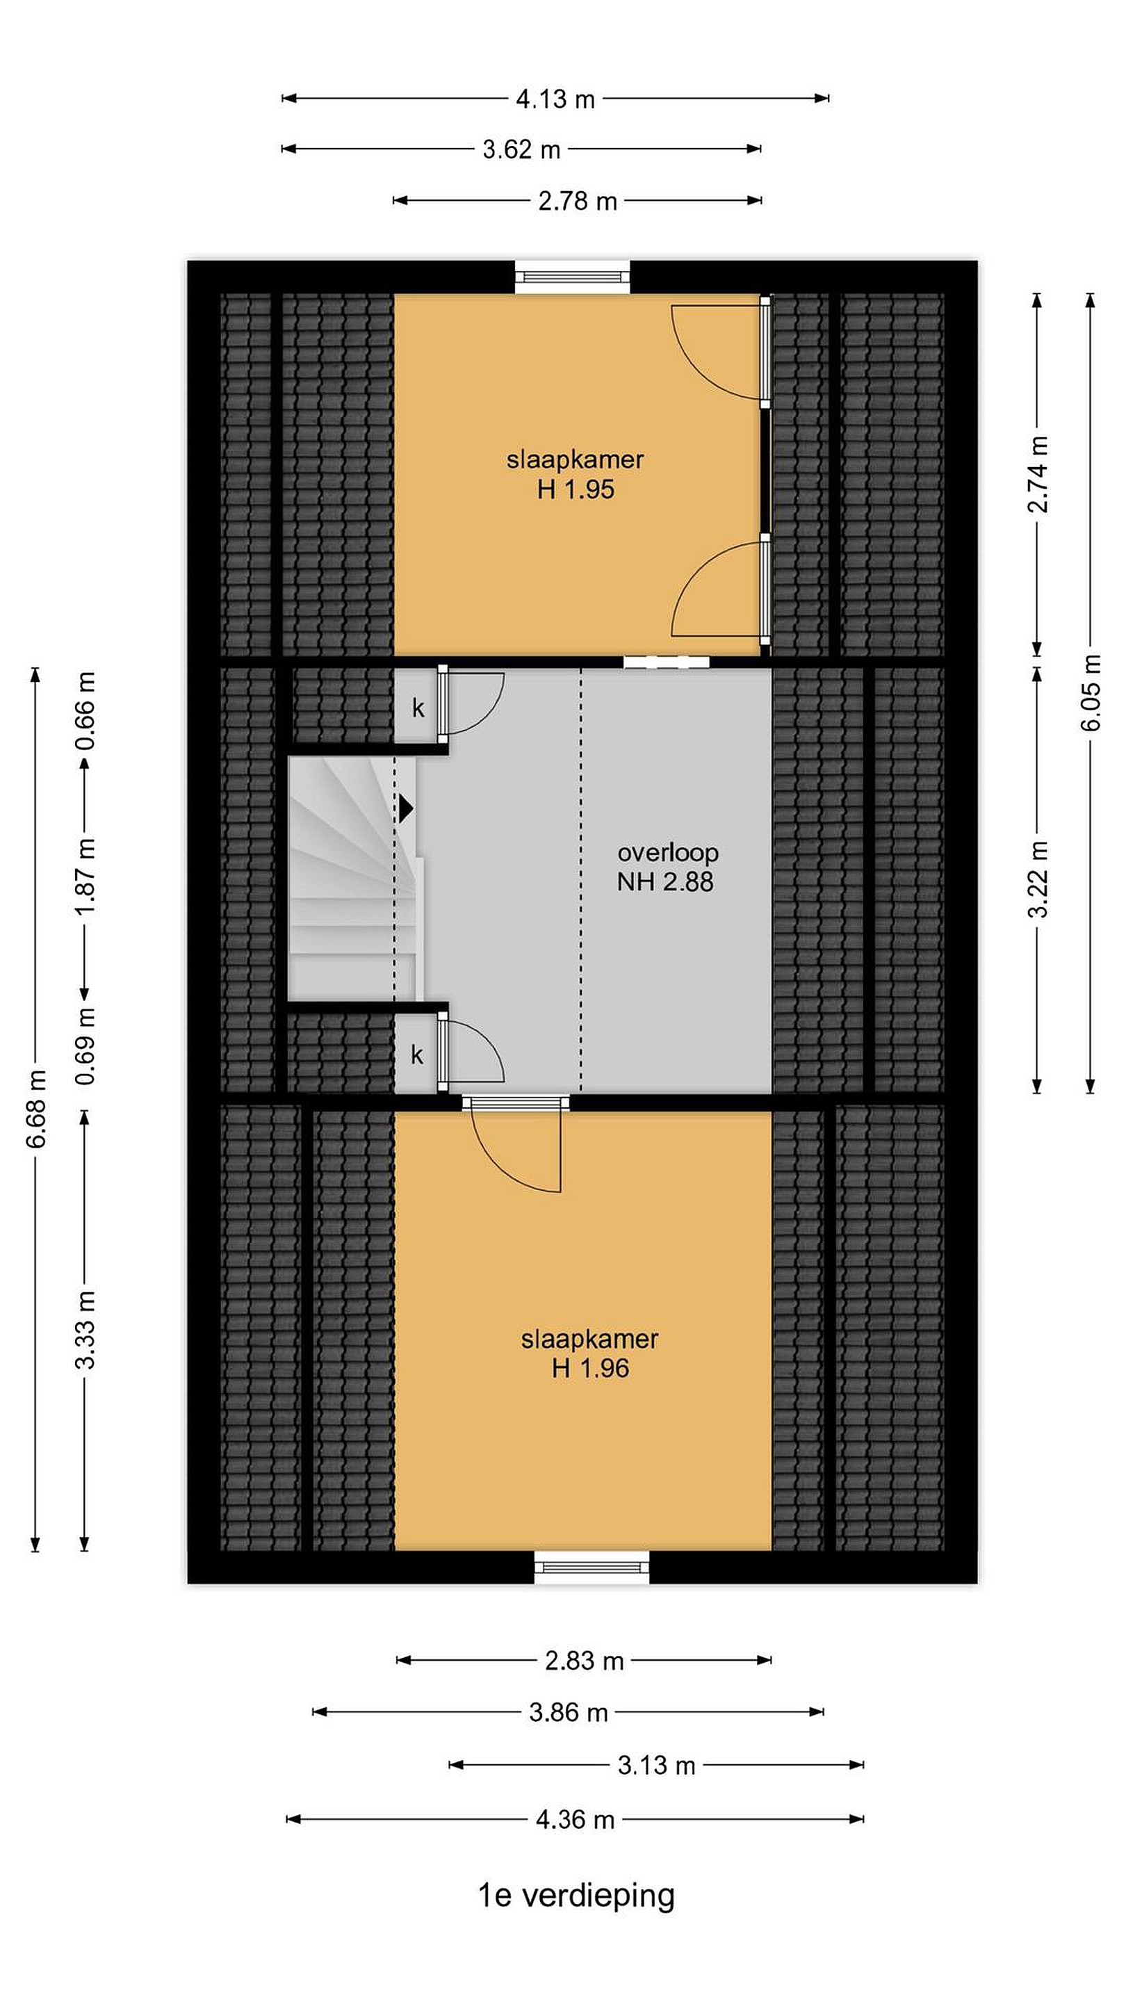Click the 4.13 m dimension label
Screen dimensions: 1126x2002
click(555, 99)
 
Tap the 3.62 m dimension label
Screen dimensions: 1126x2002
click(521, 149)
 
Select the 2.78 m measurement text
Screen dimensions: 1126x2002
click(578, 202)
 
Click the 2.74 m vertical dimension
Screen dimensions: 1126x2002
click(1038, 474)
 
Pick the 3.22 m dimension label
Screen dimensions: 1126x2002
click(1038, 879)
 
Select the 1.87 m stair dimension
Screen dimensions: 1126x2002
click(85, 876)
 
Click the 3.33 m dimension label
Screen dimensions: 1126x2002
click(85, 1330)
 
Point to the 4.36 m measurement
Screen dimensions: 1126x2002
click(575, 1819)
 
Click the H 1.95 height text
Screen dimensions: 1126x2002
click(576, 489)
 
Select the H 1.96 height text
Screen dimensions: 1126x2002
click(590, 1369)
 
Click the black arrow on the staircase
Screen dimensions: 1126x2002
click(407, 808)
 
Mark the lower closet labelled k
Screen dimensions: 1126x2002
click(417, 1055)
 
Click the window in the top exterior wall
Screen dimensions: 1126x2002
click(573, 277)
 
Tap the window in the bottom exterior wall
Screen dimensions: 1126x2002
click(592, 1567)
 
